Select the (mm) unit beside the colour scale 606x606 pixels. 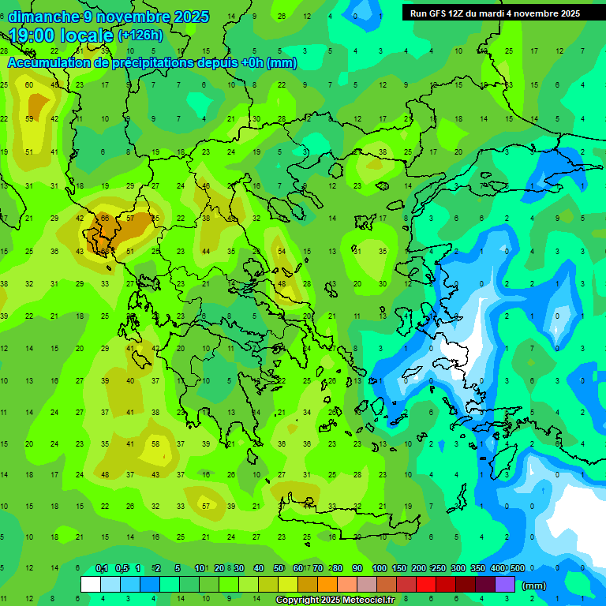pos(534,585)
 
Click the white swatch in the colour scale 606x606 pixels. pos(91,584)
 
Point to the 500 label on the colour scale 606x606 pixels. pos(517,568)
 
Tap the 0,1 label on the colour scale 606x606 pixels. pos(101,568)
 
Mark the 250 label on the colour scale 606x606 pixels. pos(437,568)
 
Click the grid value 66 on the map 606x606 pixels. pos(105,218)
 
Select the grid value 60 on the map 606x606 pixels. pos(29,84)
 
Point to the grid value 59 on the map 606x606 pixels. pos(29,119)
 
